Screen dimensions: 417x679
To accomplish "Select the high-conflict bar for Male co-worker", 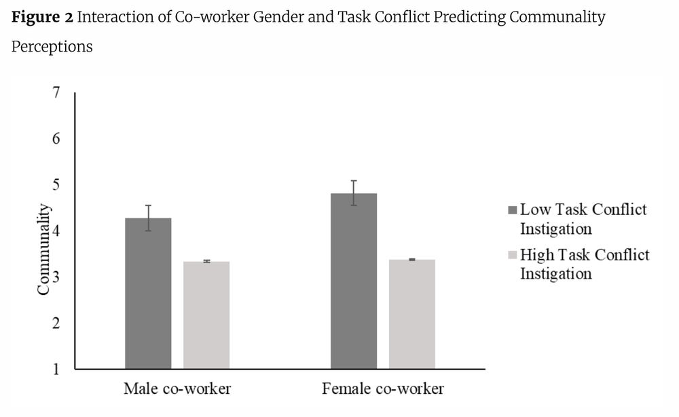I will point(206,315).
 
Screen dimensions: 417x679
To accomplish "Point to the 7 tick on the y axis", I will point(56,93).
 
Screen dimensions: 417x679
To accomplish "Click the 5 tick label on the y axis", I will point(56,185).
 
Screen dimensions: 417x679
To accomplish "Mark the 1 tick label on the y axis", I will point(56,370).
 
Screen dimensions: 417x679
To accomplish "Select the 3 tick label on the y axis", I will point(56,277).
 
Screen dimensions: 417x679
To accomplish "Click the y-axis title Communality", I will point(43,250).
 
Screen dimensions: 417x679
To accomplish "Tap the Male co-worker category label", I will point(177,389).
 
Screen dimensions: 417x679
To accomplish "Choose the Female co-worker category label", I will point(383,389).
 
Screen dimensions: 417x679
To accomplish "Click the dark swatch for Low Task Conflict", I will point(513,210).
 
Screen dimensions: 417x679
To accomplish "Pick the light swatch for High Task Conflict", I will point(513,256).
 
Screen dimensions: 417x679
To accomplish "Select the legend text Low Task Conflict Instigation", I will point(583,218).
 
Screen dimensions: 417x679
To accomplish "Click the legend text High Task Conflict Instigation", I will point(584,264).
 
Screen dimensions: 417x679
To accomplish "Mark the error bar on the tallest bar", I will point(354,193).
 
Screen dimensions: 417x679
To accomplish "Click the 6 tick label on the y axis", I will point(56,139).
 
